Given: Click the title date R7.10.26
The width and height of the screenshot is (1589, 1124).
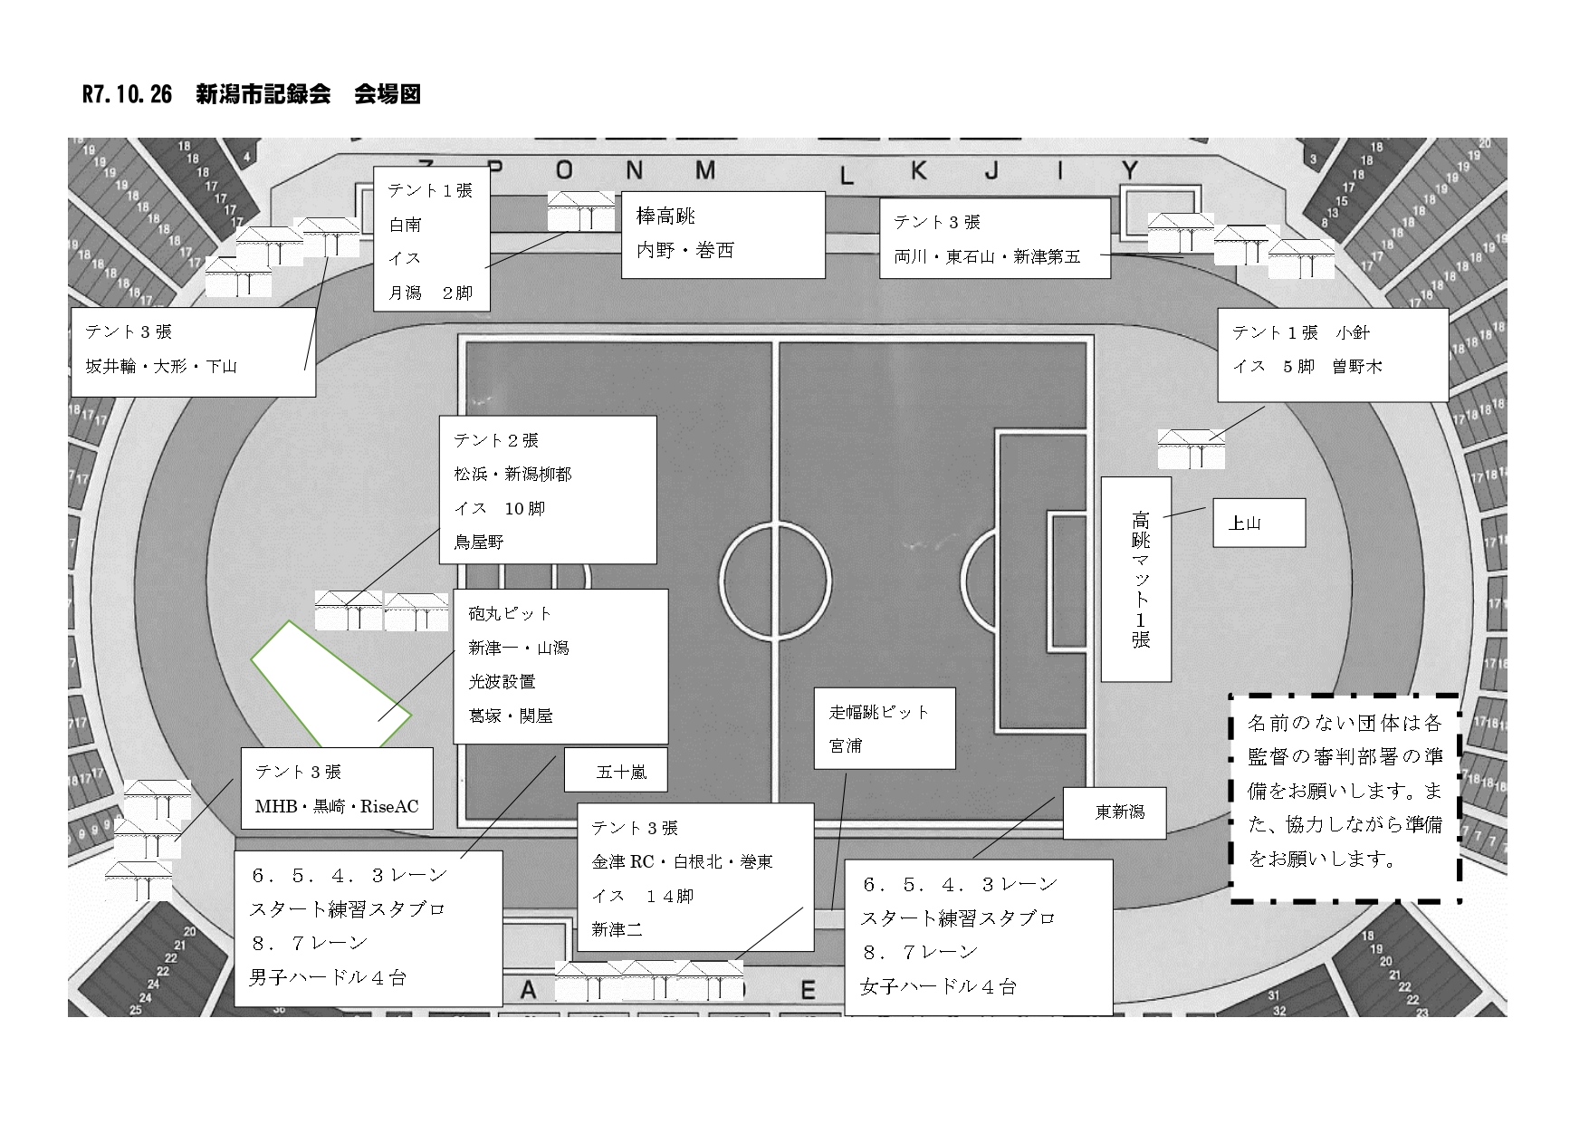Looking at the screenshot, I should tap(127, 95).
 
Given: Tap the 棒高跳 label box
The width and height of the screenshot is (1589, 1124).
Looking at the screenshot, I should tap(722, 234).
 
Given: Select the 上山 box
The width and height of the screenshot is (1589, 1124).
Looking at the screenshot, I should tap(1259, 523).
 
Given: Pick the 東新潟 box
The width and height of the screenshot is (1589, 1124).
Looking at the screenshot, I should tap(1114, 812).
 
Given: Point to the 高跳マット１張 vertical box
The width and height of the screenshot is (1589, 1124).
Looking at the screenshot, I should tap(1136, 580).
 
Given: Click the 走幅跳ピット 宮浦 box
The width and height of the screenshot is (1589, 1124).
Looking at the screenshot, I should tap(884, 728).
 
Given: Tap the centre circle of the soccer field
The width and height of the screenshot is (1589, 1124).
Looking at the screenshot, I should tap(776, 581).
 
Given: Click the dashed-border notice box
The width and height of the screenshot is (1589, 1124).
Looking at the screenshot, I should tap(1345, 798).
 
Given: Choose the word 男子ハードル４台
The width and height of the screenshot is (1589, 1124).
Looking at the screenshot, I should tap(328, 977).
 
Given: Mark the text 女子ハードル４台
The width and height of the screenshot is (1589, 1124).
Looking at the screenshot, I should tap(938, 986).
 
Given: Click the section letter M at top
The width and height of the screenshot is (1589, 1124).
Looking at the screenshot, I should tap(705, 171).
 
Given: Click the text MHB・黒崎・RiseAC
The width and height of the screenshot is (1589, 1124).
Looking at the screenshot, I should tap(337, 806).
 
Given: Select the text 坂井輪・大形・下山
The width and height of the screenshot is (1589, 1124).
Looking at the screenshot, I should tap(161, 367).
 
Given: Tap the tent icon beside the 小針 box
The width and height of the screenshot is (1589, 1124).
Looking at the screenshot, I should tap(1191, 448).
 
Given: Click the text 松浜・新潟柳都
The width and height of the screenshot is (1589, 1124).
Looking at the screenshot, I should tap(512, 474).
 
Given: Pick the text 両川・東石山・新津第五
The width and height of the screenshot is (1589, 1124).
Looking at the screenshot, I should tap(987, 256).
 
